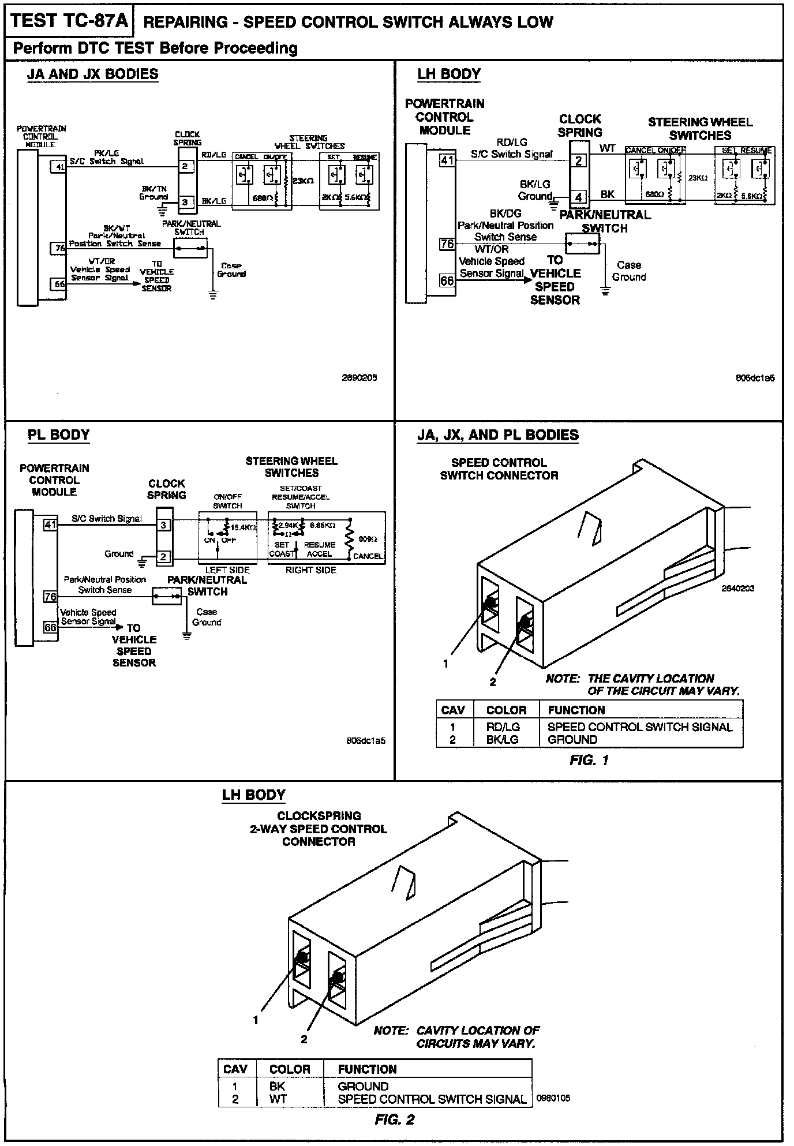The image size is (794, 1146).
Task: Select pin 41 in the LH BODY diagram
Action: pos(447,160)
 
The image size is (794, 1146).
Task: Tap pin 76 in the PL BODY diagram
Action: pos(51,597)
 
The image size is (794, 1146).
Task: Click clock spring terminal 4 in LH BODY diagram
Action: pos(579,197)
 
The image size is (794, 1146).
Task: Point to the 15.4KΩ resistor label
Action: pos(244,527)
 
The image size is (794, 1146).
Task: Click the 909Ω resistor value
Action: pos(367,539)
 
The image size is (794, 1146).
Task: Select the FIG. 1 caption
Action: pos(589,760)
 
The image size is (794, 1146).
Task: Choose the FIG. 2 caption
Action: pos(395,1120)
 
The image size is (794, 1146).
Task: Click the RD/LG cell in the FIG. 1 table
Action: pos(503,727)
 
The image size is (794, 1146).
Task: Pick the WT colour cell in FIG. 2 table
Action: pos(278,1099)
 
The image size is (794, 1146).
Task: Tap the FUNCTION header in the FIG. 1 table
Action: pos(576,710)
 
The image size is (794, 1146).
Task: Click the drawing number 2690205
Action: pos(359,378)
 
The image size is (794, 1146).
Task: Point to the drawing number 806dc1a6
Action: pos(755,378)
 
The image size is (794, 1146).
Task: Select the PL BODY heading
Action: pos(59,435)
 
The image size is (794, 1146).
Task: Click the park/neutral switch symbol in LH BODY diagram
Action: pos(583,244)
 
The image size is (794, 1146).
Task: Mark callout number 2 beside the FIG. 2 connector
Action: pos(304,1039)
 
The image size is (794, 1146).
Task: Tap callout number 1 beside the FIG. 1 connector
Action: pos(445,664)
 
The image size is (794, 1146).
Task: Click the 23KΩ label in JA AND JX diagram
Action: pos(304,181)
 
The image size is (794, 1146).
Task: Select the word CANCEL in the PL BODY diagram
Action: pos(368,556)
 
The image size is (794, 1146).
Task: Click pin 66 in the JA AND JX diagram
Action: pos(59,284)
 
